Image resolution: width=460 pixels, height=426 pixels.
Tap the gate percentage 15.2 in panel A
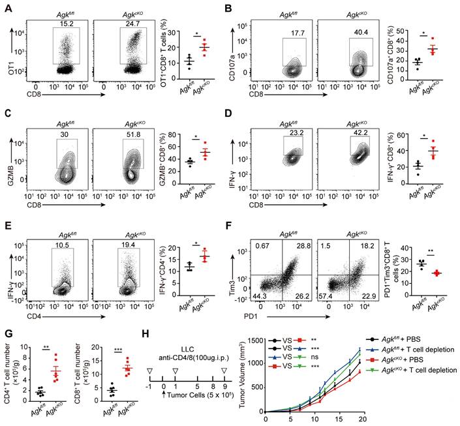coord(57,23)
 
